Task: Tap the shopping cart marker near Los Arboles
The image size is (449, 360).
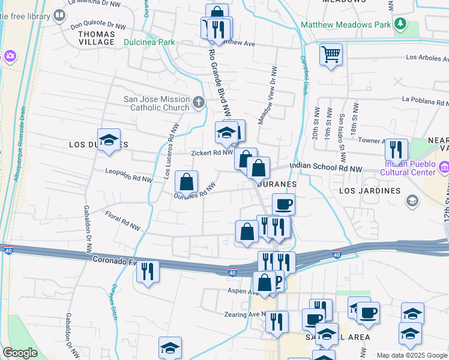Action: pyautogui.click(x=331, y=55)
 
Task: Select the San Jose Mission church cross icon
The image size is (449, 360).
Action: pyautogui.click(x=199, y=103)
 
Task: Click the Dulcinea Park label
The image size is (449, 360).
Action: pyautogui.click(x=149, y=43)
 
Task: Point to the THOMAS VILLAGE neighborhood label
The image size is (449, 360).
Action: pyautogui.click(x=97, y=38)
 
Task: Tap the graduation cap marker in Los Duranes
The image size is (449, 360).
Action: pyautogui.click(x=109, y=140)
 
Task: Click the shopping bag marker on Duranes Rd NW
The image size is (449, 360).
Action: pyautogui.click(x=187, y=182)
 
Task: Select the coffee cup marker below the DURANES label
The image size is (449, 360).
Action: pyautogui.click(x=284, y=205)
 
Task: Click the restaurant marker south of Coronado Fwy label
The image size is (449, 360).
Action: pyautogui.click(x=147, y=271)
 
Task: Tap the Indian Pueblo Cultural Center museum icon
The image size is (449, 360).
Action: pyautogui.click(x=444, y=166)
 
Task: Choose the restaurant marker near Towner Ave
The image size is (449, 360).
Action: pyautogui.click(x=396, y=150)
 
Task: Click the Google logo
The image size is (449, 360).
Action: pyautogui.click(x=20, y=353)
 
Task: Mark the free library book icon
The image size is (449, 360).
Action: pyautogui.click(x=59, y=16)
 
